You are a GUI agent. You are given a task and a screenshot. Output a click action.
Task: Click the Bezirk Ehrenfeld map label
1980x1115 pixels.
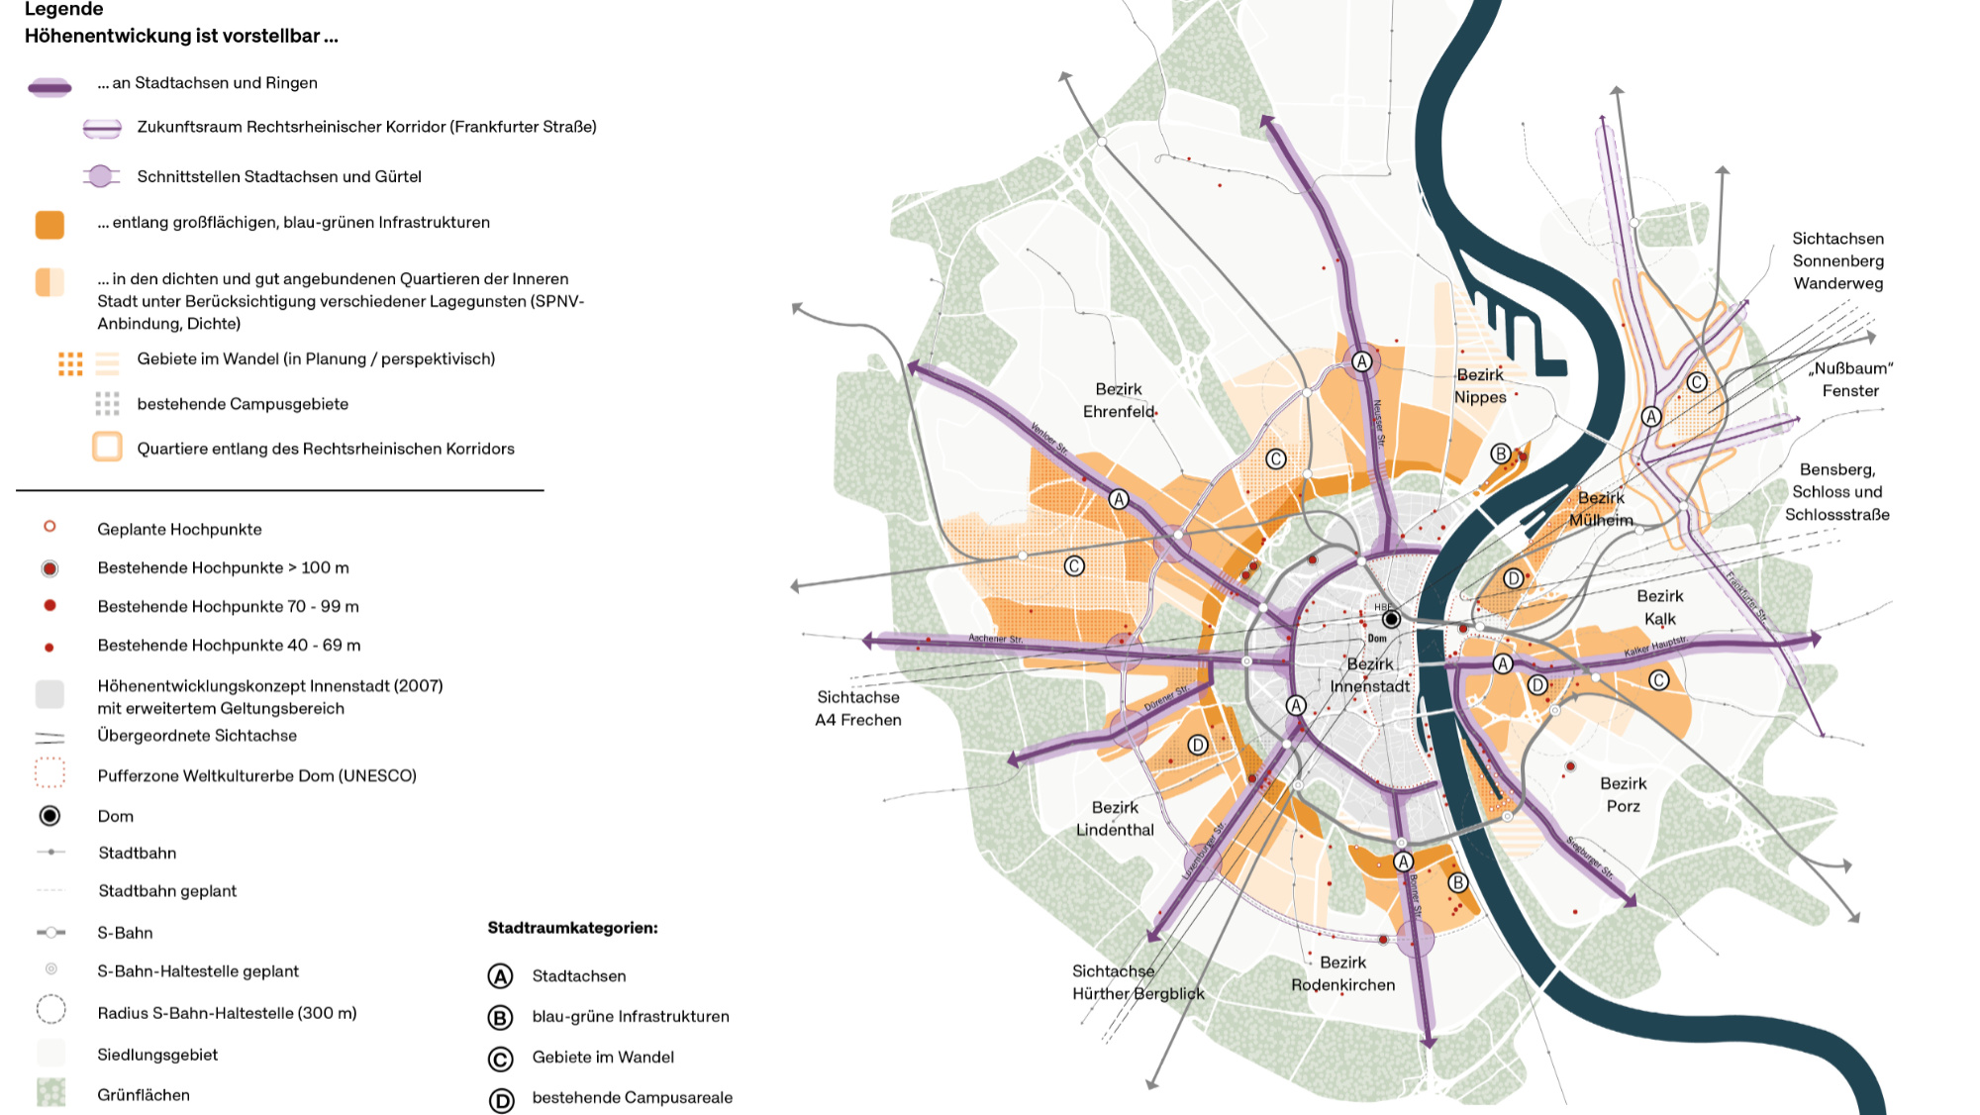1119,400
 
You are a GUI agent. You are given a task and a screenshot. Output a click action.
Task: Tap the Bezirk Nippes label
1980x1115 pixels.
1480,386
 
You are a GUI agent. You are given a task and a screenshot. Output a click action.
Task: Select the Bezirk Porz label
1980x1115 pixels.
1624,794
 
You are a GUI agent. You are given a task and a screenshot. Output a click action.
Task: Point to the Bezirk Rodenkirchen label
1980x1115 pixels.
1342,973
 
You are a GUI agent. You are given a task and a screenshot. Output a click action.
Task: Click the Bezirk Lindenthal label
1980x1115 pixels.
1115,818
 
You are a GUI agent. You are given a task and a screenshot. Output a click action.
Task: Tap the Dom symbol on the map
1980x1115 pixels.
1391,619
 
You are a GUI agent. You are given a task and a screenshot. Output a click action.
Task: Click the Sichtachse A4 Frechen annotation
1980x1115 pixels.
858,708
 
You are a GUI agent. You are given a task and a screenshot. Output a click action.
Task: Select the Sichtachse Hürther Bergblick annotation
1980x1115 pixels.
1138,982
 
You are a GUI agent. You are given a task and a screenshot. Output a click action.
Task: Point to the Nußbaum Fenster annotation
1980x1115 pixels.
1850,379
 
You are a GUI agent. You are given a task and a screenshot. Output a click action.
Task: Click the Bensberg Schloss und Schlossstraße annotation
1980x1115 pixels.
1837,491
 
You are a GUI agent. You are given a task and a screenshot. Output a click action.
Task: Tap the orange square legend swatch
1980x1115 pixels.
49,225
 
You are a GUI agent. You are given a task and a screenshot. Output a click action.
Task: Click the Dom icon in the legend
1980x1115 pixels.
49,816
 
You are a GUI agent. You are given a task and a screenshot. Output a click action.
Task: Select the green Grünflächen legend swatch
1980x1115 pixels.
50,1093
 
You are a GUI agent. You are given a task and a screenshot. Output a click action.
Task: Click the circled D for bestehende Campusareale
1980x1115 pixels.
501,1099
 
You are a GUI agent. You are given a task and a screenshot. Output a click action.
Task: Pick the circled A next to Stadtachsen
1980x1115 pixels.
501,976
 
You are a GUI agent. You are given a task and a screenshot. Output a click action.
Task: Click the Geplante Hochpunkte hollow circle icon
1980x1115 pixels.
49,527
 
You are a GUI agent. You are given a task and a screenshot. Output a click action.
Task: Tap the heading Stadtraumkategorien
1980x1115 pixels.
572,928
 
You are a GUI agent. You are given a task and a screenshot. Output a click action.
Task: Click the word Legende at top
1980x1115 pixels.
63,10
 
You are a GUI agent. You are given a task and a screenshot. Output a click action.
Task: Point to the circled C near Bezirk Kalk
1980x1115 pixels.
1659,679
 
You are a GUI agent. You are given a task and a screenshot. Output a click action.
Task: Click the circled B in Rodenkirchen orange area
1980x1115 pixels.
1457,882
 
